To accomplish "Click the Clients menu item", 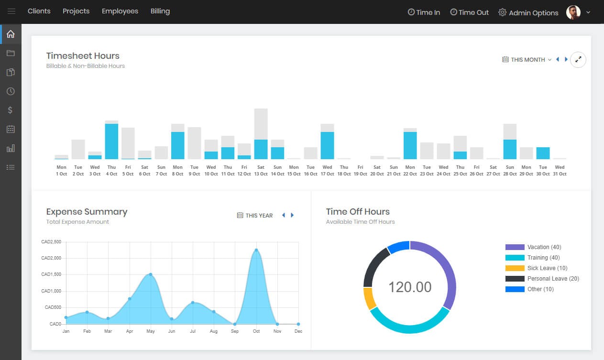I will tap(39, 11).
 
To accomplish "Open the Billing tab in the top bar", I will tap(160, 11).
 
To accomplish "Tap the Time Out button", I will tap(469, 12).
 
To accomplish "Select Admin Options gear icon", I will tap(502, 12).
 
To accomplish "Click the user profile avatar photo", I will tap(573, 12).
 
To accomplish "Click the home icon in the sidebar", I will tap(11, 34).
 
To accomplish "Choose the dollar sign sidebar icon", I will tap(11, 110).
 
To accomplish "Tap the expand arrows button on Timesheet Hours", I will tap(578, 60).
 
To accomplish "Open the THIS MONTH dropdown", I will tap(527, 60).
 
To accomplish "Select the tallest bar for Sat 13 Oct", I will tap(261, 134).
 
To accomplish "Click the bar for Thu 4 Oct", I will tap(111, 141).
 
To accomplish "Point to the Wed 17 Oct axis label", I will tap(327, 171).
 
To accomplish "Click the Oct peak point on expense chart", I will tap(256, 250).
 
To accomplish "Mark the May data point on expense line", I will tap(151, 274).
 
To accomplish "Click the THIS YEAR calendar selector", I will tap(255, 216).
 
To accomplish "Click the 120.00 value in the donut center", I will tap(410, 287).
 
